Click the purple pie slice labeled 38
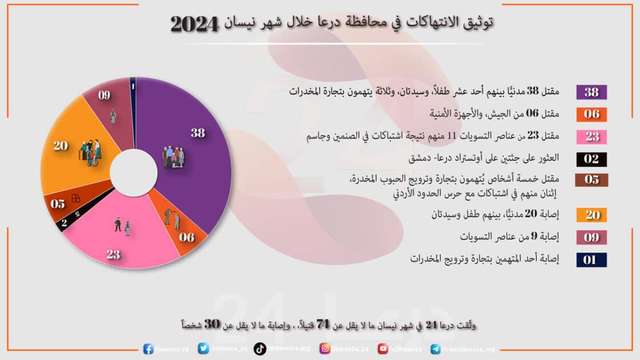(x=189, y=166)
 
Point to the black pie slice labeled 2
(x=65, y=223)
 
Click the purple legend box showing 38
(x=591, y=92)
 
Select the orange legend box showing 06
(x=591, y=114)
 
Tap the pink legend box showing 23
(x=591, y=137)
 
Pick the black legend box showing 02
(x=591, y=159)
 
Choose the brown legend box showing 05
(x=591, y=180)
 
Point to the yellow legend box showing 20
(x=591, y=215)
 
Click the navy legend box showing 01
(x=591, y=260)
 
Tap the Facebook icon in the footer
(x=148, y=348)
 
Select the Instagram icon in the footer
(x=325, y=348)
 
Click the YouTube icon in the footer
(x=383, y=348)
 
